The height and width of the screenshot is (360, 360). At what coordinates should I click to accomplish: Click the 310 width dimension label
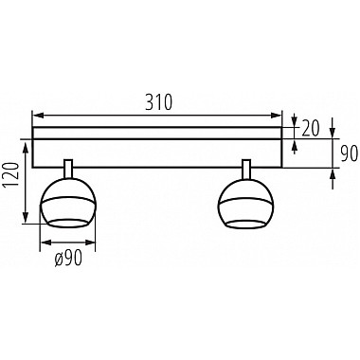tap(159, 102)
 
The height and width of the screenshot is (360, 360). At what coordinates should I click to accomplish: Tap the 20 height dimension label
tap(311, 129)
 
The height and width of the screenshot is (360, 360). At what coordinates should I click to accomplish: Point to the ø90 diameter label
tap(68, 258)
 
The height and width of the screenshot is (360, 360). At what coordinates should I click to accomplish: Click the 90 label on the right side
tap(349, 153)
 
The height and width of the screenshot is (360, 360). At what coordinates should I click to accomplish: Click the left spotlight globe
tap(67, 203)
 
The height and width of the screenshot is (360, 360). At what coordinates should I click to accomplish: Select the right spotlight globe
tap(246, 204)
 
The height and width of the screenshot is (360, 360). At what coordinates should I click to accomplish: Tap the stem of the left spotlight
tap(68, 170)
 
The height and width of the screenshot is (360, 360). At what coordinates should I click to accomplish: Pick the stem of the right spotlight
tap(246, 170)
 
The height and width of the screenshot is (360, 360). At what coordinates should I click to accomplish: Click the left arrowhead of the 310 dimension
tap(38, 116)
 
